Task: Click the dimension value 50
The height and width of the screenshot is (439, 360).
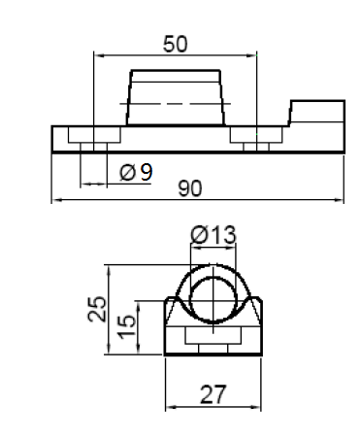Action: click(175, 44)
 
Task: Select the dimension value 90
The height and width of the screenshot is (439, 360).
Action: click(190, 188)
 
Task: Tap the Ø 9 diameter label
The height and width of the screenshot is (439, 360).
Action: click(136, 172)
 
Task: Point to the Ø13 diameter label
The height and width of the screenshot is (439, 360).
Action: click(213, 235)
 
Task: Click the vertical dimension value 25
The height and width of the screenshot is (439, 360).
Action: click(97, 309)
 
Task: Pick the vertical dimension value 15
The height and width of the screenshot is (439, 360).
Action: click(126, 326)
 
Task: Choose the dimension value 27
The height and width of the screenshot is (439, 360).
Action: click(213, 394)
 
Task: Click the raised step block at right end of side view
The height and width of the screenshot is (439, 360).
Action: click(317, 113)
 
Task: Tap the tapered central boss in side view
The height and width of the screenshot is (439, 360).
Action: click(176, 97)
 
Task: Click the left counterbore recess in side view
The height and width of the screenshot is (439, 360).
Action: click(94, 135)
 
